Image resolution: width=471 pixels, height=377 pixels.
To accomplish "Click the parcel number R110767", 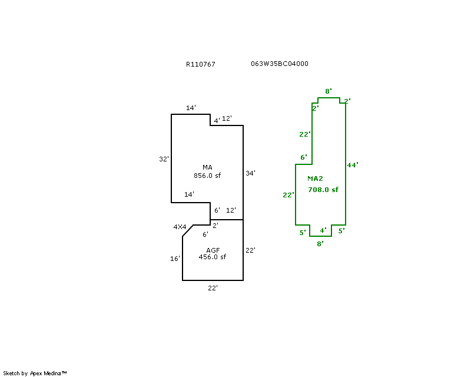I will tap(200, 64).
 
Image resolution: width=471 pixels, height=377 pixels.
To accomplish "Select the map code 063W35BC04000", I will tap(280, 64).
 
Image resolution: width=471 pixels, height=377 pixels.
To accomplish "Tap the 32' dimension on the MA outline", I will tap(164, 159).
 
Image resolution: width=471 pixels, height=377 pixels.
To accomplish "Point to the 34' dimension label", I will tap(250, 173).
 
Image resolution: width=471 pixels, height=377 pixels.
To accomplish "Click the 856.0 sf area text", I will tap(207, 175).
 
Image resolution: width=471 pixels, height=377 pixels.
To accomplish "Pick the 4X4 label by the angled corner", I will tap(180, 227).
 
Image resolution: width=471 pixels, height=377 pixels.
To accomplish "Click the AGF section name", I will tap(213, 250).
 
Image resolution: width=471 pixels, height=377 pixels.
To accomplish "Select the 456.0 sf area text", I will tap(213, 257).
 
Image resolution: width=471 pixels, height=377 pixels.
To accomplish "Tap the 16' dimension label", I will tap(175, 259).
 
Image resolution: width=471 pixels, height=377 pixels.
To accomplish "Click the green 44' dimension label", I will tap(353, 165).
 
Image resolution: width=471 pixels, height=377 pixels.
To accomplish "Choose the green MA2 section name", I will tap(316, 178).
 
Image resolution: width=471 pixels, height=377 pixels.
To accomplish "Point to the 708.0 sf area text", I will tap(323, 190).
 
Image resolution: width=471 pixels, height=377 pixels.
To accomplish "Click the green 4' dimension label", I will tap(323, 230).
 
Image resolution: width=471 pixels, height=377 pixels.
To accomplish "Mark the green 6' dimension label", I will tap(304, 157).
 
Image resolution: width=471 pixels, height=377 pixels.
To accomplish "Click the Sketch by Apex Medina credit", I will tap(35, 373).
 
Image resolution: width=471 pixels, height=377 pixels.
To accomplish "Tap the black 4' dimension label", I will tap(217, 121).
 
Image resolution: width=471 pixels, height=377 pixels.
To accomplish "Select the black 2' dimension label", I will tap(215, 226).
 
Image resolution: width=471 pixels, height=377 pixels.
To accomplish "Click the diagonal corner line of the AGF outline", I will tap(188, 230).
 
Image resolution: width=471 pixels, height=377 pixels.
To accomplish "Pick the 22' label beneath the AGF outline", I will tap(213, 288).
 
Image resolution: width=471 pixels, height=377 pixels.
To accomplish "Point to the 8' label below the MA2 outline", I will tap(320, 243).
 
